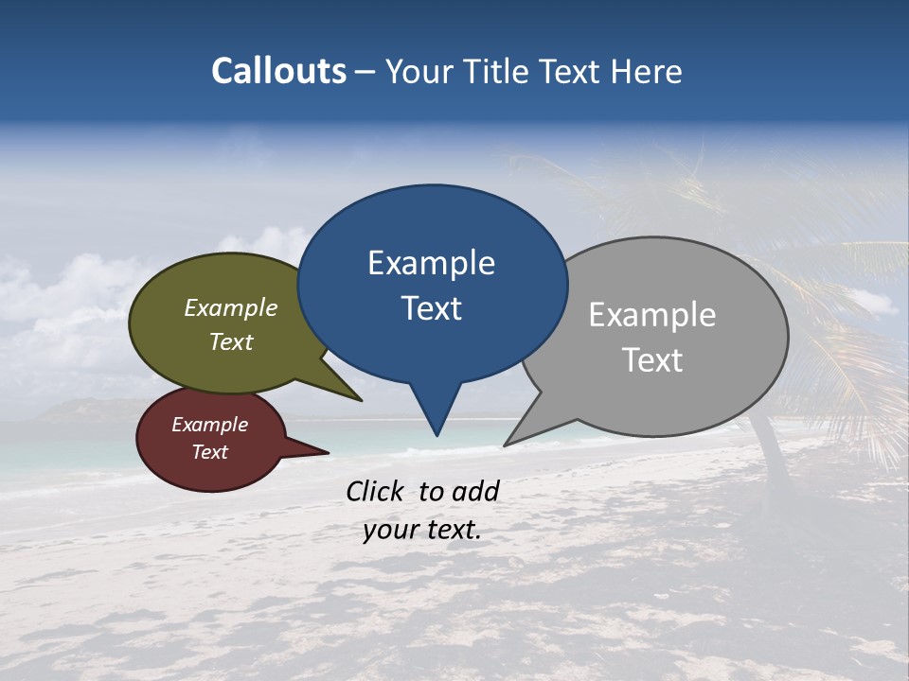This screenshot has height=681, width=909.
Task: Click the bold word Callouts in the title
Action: coord(278,71)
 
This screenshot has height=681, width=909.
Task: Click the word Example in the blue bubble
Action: coord(431,263)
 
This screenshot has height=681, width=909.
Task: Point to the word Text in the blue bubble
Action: coord(431,308)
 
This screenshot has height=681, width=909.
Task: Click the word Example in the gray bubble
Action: coord(652,315)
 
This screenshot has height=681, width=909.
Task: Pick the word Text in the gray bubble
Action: coord(652,360)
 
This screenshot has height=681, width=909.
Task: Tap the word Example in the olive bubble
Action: coord(231,307)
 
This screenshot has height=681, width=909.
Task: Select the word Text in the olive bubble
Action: coord(231,341)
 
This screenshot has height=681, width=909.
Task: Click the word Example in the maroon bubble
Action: coord(209,425)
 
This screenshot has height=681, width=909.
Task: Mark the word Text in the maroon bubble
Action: coord(209,452)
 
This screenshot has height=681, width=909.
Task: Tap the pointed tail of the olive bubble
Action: coord(355,396)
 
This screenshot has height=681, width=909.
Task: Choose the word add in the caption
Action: coord(476,491)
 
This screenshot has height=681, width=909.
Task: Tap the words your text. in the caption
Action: coord(421,531)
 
